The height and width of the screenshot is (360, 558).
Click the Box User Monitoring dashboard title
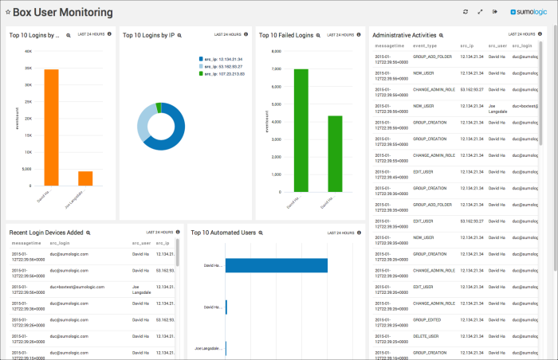[63, 13]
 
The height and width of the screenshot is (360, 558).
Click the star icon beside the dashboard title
[8, 13]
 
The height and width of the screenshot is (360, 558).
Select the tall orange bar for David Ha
[51, 127]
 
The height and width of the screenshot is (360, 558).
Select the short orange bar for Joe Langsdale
[85, 178]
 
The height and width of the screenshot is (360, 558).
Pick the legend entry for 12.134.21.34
[222, 59]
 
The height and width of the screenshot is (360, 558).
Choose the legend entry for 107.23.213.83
[222, 73]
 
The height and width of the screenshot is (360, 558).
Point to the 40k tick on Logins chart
[27, 51]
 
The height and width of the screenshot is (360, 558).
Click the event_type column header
[426, 47]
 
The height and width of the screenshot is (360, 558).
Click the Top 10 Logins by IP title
[148, 35]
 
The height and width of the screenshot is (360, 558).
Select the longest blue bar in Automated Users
[277, 265]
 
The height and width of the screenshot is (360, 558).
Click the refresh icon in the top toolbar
[466, 12]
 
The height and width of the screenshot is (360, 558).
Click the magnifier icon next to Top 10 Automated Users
[261, 233]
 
